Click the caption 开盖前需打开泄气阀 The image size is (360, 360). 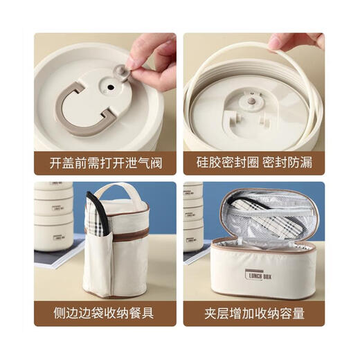(x=105, y=163)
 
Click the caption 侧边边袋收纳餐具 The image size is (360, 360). (x=105, y=313)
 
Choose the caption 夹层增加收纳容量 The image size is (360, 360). (x=254, y=313)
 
